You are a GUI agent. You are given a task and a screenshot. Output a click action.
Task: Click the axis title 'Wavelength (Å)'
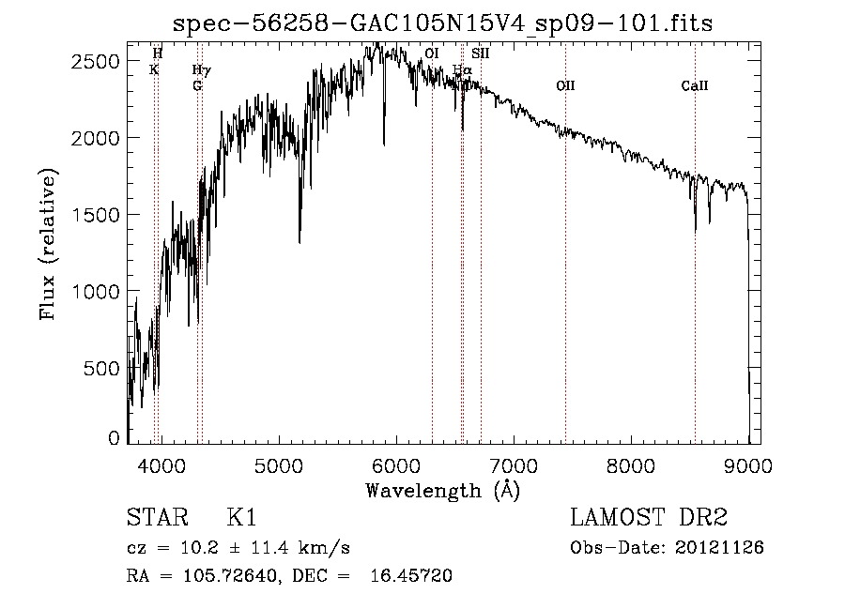pos(442,490)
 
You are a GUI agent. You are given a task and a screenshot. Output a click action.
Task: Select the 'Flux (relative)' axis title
pos(48,245)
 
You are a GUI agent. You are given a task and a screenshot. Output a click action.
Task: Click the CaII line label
pos(695,86)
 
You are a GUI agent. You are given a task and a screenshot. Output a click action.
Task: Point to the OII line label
pos(565,86)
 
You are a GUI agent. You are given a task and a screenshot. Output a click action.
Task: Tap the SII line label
pos(481,54)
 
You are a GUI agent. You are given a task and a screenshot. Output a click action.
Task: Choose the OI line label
pos(432,54)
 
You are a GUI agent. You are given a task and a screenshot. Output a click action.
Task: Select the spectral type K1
pos(241,518)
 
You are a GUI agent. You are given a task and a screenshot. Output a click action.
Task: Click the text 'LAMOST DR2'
pos(648,518)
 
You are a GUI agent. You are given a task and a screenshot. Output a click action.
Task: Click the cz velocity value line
pos(238,547)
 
